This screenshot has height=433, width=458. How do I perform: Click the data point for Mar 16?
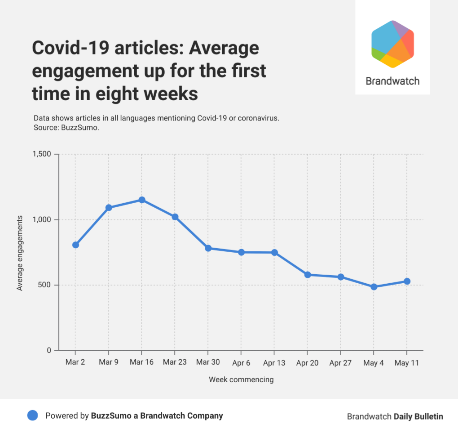pyautogui.click(x=141, y=200)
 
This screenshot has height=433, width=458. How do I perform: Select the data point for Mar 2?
pyautogui.click(x=75, y=245)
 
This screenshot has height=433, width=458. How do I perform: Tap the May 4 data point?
pyautogui.click(x=374, y=287)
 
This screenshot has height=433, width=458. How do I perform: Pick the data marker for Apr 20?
pyautogui.click(x=308, y=275)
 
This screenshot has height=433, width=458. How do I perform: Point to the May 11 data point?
pyautogui.click(x=407, y=281)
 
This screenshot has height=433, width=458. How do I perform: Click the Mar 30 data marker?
pyautogui.click(x=208, y=248)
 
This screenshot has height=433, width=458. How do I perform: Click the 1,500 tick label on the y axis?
pyautogui.click(x=42, y=154)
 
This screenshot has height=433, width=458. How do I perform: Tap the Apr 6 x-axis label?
pyautogui.click(x=241, y=363)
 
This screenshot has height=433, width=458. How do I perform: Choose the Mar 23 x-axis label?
pyautogui.click(x=175, y=363)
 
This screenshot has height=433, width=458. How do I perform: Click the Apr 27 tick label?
pyautogui.click(x=340, y=363)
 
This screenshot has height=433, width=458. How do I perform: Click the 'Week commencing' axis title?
pyautogui.click(x=241, y=379)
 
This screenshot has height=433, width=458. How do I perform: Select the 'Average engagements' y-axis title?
pyautogui.click(x=20, y=253)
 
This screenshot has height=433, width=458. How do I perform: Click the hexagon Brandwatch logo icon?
pyautogui.click(x=392, y=44)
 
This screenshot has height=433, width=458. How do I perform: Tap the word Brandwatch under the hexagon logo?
pyautogui.click(x=392, y=81)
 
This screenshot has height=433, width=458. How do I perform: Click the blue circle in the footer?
pyautogui.click(x=33, y=415)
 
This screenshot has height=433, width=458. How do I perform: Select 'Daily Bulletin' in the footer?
pyautogui.click(x=418, y=416)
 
